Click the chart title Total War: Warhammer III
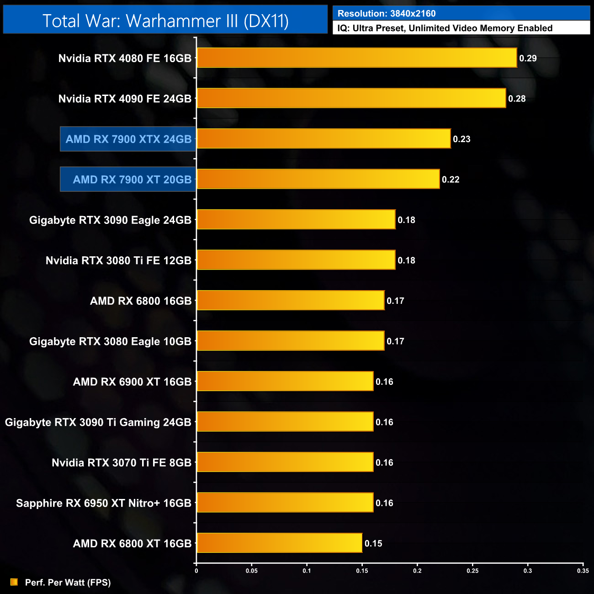click(165, 21)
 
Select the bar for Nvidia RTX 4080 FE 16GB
click(357, 58)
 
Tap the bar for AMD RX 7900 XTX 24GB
click(324, 139)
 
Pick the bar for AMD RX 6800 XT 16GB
click(279, 543)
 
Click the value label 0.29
click(528, 58)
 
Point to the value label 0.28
click(517, 99)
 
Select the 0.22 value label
click(451, 180)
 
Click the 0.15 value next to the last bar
click(373, 544)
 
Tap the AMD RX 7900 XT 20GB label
click(132, 180)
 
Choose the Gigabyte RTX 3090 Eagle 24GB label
click(110, 220)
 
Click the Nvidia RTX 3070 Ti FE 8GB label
click(122, 463)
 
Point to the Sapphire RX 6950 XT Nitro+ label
click(104, 503)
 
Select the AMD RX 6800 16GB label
click(141, 301)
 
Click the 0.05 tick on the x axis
click(252, 571)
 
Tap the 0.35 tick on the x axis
click(583, 571)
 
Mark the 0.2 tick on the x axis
click(417, 571)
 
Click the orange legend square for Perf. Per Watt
click(14, 582)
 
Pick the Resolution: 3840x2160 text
click(387, 14)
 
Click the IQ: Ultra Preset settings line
click(445, 28)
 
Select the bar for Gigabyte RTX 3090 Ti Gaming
click(285, 422)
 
